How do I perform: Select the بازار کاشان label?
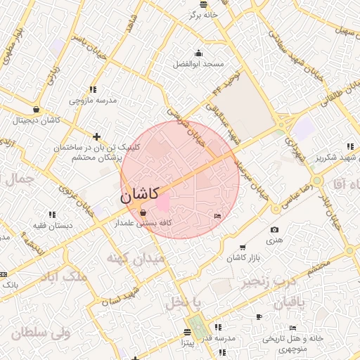pyautogui.click(x=243, y=258)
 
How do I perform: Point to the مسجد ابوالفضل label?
pyautogui.click(x=199, y=64)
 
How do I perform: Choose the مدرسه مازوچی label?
pyautogui.click(x=92, y=101)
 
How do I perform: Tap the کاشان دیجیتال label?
pyautogui.click(x=36, y=120)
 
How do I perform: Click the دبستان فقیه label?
pyautogui.click(x=51, y=225)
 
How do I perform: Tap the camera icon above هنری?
pyautogui.click(x=274, y=229)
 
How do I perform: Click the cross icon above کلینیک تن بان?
pyautogui.click(x=96, y=136)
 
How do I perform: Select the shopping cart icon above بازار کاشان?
pyautogui.click(x=243, y=247)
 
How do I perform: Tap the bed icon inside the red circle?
pyautogui.click(x=217, y=215)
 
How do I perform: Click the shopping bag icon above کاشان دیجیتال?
pyautogui.click(x=36, y=109)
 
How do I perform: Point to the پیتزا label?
pyautogui.click(x=187, y=343)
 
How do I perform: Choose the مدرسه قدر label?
pyautogui.click(x=218, y=338)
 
